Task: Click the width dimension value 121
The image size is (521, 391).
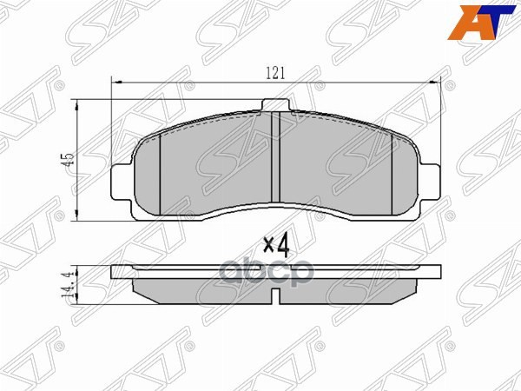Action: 275,74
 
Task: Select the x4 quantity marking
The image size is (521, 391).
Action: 274,244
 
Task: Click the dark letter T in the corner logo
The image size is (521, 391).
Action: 491,23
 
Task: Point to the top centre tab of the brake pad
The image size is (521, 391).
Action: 274,104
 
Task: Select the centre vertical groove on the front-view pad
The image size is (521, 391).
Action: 274,156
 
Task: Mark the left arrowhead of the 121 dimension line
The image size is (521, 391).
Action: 117,82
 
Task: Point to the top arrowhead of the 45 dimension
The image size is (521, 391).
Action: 80,103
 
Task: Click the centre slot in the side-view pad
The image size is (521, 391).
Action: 274,296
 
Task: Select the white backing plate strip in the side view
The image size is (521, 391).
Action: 274,272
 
